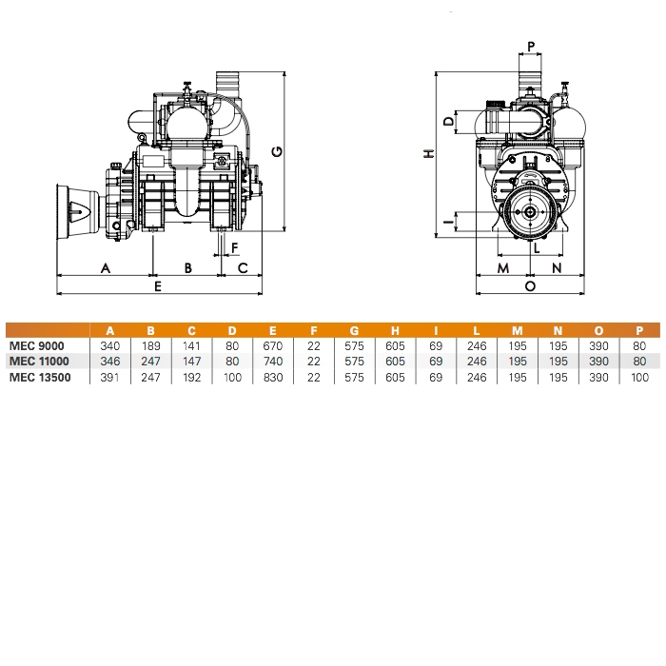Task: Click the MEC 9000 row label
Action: pyautogui.click(x=36, y=346)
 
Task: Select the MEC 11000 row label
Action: pyautogui.click(x=39, y=362)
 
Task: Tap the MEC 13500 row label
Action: pyautogui.click(x=40, y=377)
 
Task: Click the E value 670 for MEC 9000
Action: pyautogui.click(x=273, y=346)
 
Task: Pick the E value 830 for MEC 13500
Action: pyautogui.click(x=273, y=377)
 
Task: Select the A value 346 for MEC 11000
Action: pyautogui.click(x=109, y=362)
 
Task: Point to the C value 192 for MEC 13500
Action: pyautogui.click(x=191, y=377)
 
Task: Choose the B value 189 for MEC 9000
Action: pyautogui.click(x=150, y=346)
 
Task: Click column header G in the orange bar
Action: pyautogui.click(x=354, y=330)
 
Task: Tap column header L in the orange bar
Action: pyautogui.click(x=477, y=330)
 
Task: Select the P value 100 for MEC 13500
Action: pyautogui.click(x=639, y=377)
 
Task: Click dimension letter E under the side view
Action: pyautogui.click(x=158, y=286)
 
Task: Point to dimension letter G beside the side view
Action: pyautogui.click(x=277, y=151)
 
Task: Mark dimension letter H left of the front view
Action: pyautogui.click(x=429, y=153)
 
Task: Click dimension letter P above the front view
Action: pyautogui.click(x=531, y=47)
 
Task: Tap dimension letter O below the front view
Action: pyautogui.click(x=530, y=286)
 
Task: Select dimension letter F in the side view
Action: pyautogui.click(x=234, y=247)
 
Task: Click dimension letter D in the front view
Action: pyautogui.click(x=449, y=122)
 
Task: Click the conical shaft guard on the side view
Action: pyautogui.click(x=78, y=211)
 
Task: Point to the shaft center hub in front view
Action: pyautogui.click(x=530, y=212)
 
